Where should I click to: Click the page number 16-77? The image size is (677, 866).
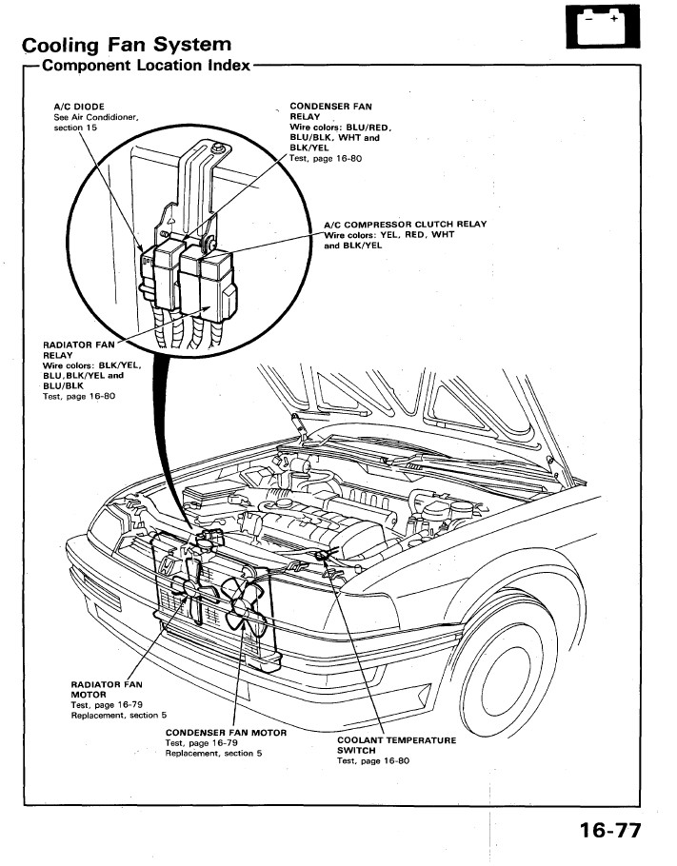pos(609,830)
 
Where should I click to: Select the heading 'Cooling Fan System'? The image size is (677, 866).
pos(127,45)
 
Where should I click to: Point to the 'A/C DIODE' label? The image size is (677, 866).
pos(79,106)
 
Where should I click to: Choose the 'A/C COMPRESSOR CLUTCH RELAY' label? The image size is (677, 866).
pos(405,225)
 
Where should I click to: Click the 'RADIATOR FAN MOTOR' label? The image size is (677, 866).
pos(107,689)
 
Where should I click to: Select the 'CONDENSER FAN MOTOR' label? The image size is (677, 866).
pos(226,733)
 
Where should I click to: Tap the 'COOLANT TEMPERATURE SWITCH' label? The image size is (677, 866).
pos(396,745)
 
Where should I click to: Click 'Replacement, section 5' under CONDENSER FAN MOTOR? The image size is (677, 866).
pos(212,754)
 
